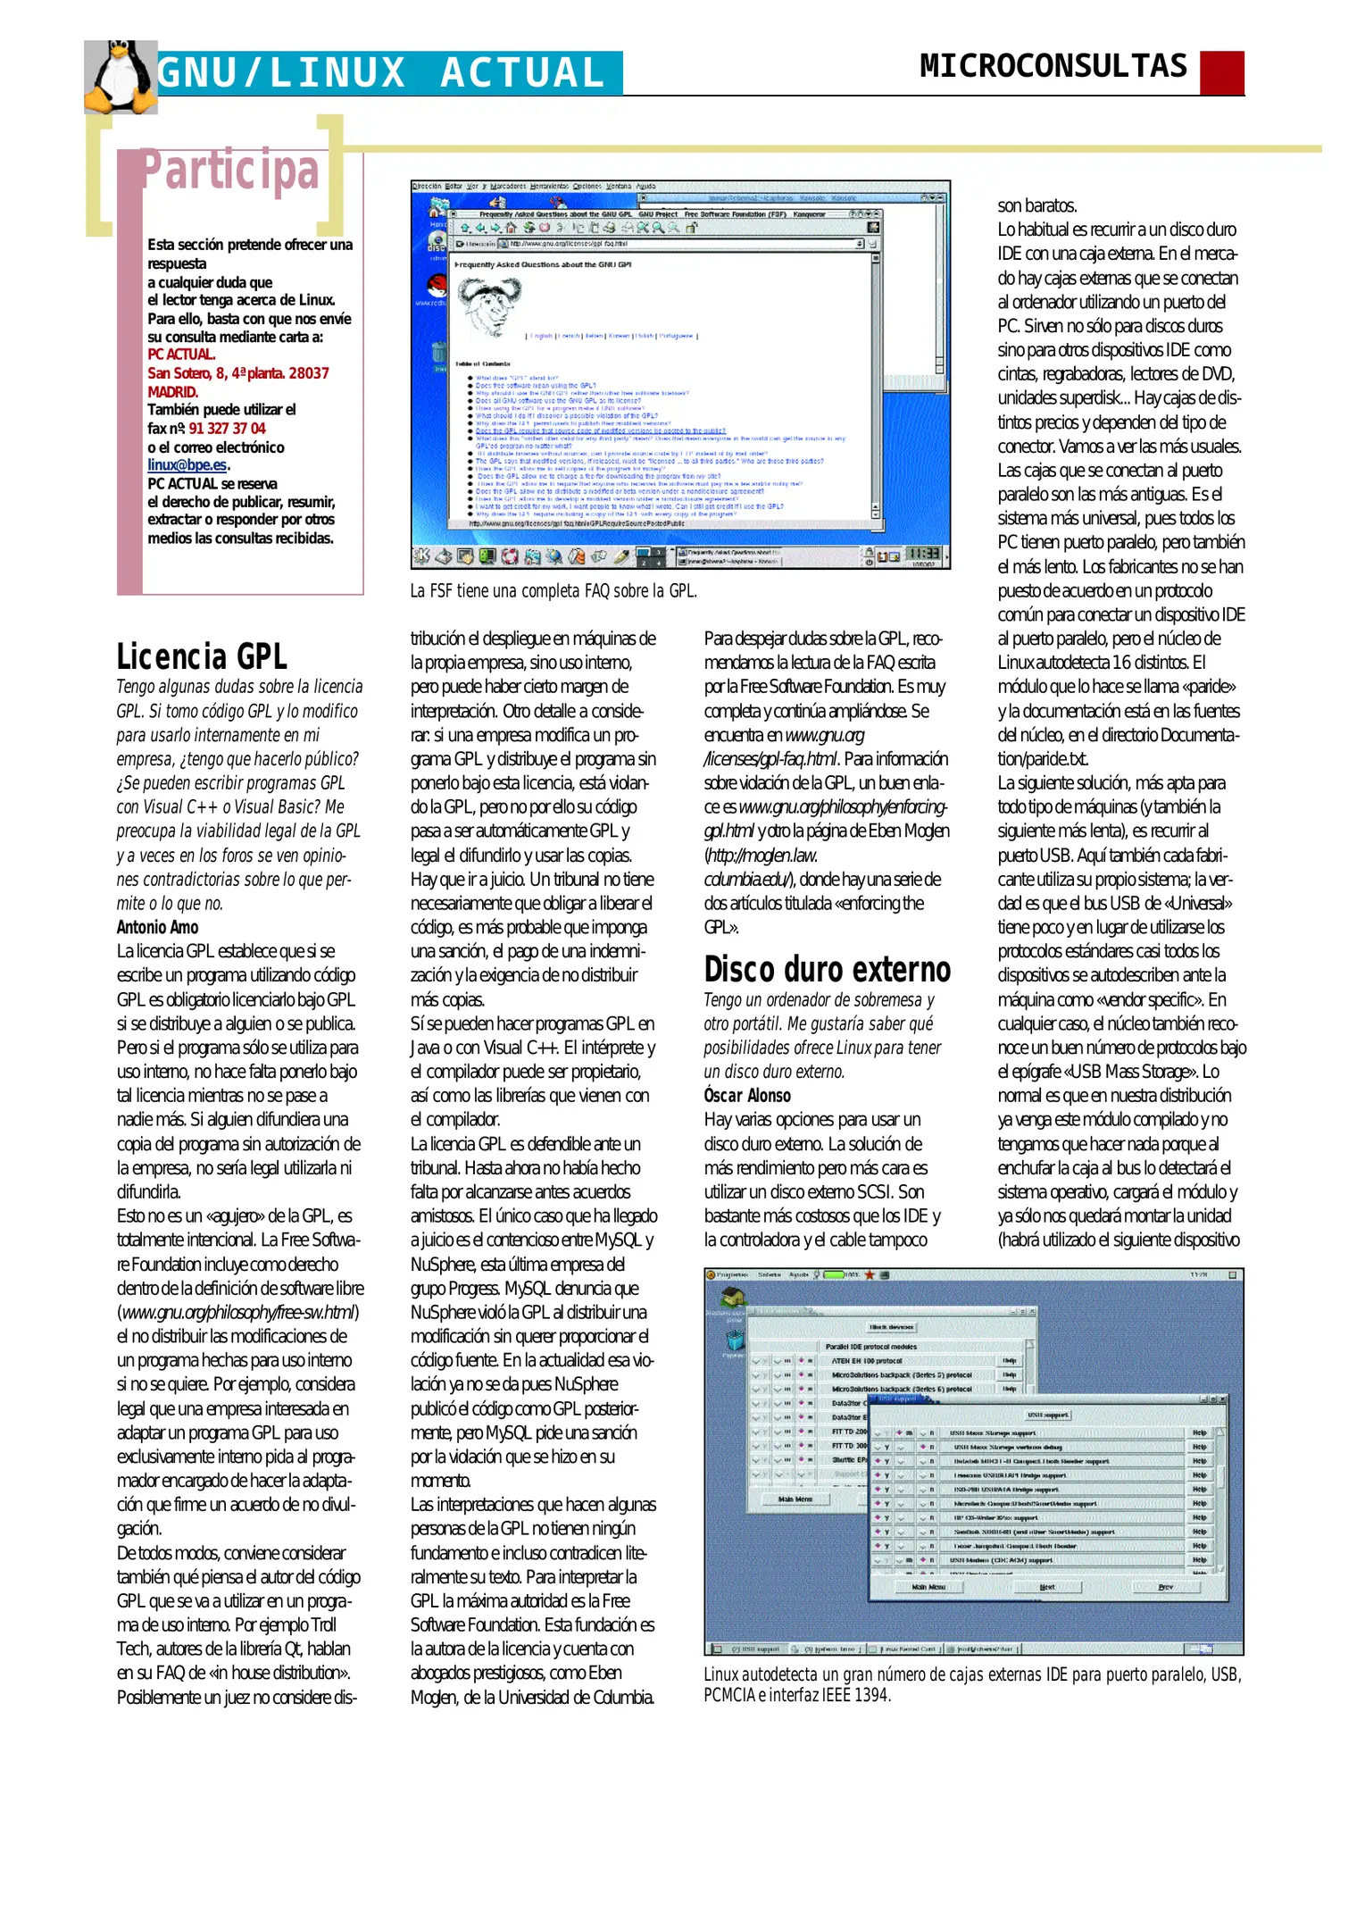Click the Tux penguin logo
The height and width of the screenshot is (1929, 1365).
point(120,79)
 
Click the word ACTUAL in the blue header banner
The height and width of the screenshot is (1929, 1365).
point(522,73)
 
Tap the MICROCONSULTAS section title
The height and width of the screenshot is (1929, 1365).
point(1053,67)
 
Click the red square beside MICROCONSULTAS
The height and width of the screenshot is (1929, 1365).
point(1221,72)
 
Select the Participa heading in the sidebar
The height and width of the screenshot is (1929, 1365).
point(230,171)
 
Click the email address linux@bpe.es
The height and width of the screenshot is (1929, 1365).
point(187,465)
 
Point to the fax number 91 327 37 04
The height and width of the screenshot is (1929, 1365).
point(227,429)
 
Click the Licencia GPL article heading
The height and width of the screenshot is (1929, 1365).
point(202,656)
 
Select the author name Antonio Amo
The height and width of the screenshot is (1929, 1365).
point(157,927)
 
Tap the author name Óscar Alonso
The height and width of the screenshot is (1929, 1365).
point(746,1096)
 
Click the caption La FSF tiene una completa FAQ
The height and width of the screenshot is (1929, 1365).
point(553,590)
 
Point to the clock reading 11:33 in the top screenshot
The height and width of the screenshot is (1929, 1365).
point(922,554)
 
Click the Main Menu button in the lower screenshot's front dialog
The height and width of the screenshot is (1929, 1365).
point(928,1588)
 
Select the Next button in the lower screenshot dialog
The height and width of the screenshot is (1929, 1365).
point(1047,1588)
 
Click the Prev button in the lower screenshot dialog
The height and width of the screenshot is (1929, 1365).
point(1165,1588)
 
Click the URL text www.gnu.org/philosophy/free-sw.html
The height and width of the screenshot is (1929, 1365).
point(238,1313)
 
